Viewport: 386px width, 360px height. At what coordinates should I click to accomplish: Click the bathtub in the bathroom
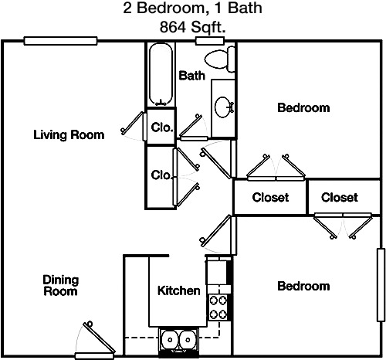[161, 74]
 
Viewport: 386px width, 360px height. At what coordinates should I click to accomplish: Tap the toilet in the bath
[219, 59]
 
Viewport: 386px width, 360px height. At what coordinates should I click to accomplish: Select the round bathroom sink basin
[222, 107]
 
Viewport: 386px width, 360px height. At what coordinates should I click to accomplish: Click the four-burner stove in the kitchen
[218, 307]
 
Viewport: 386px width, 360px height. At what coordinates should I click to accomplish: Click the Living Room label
[69, 135]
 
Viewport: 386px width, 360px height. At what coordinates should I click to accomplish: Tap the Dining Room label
[61, 286]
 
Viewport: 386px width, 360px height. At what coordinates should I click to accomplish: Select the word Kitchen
[179, 290]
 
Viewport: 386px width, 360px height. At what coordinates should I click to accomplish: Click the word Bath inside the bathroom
[192, 76]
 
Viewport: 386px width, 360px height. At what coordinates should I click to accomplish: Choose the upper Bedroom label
[303, 107]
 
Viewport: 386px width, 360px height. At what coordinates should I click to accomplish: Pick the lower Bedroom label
[303, 286]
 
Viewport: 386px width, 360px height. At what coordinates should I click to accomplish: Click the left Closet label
[270, 198]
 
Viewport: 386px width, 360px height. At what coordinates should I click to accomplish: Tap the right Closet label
[340, 198]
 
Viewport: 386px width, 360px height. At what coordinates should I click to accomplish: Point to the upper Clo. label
[161, 127]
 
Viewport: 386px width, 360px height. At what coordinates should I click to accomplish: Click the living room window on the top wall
[60, 41]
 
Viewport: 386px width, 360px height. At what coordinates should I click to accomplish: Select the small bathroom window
[210, 41]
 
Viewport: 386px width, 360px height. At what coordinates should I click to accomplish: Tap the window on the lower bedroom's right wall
[381, 285]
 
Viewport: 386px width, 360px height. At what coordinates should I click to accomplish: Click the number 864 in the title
[172, 27]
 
